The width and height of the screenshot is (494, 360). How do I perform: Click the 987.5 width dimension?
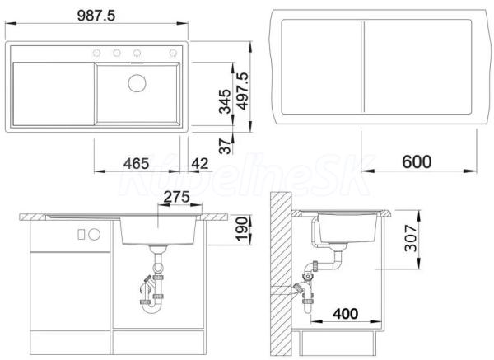point(96,16)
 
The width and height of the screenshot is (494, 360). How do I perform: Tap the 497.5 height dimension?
point(243,91)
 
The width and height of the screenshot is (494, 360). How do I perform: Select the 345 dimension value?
point(225,101)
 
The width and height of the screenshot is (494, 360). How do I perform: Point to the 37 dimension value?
point(225,146)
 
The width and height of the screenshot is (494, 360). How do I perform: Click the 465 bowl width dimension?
point(136,163)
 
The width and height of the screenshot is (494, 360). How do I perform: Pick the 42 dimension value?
point(200,163)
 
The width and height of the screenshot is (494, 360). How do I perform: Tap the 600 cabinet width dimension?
point(417,161)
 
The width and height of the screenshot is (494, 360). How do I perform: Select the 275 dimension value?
point(177,197)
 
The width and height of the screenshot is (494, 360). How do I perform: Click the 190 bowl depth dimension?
point(242,229)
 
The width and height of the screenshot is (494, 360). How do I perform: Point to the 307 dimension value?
point(411,238)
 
